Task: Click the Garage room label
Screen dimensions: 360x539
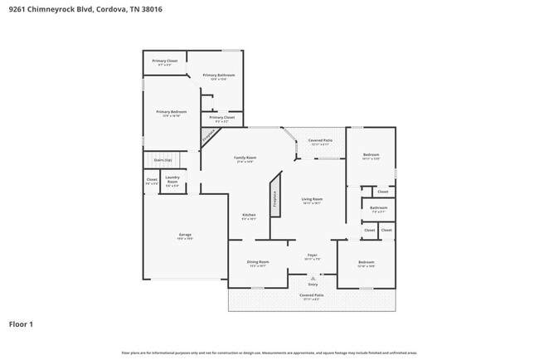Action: click(185, 236)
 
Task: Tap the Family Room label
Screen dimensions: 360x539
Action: click(245, 158)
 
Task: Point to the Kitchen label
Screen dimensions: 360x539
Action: click(249, 216)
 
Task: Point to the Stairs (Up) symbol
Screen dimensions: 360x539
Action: click(162, 160)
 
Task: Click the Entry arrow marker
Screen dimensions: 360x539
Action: click(313, 280)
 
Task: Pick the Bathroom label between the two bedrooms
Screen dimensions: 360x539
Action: click(378, 208)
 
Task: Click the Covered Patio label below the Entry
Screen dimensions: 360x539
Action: click(312, 294)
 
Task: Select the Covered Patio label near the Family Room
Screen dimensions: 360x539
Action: click(320, 141)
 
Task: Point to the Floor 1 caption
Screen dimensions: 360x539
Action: click(21, 324)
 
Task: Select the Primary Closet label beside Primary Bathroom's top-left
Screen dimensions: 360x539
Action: click(164, 61)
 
